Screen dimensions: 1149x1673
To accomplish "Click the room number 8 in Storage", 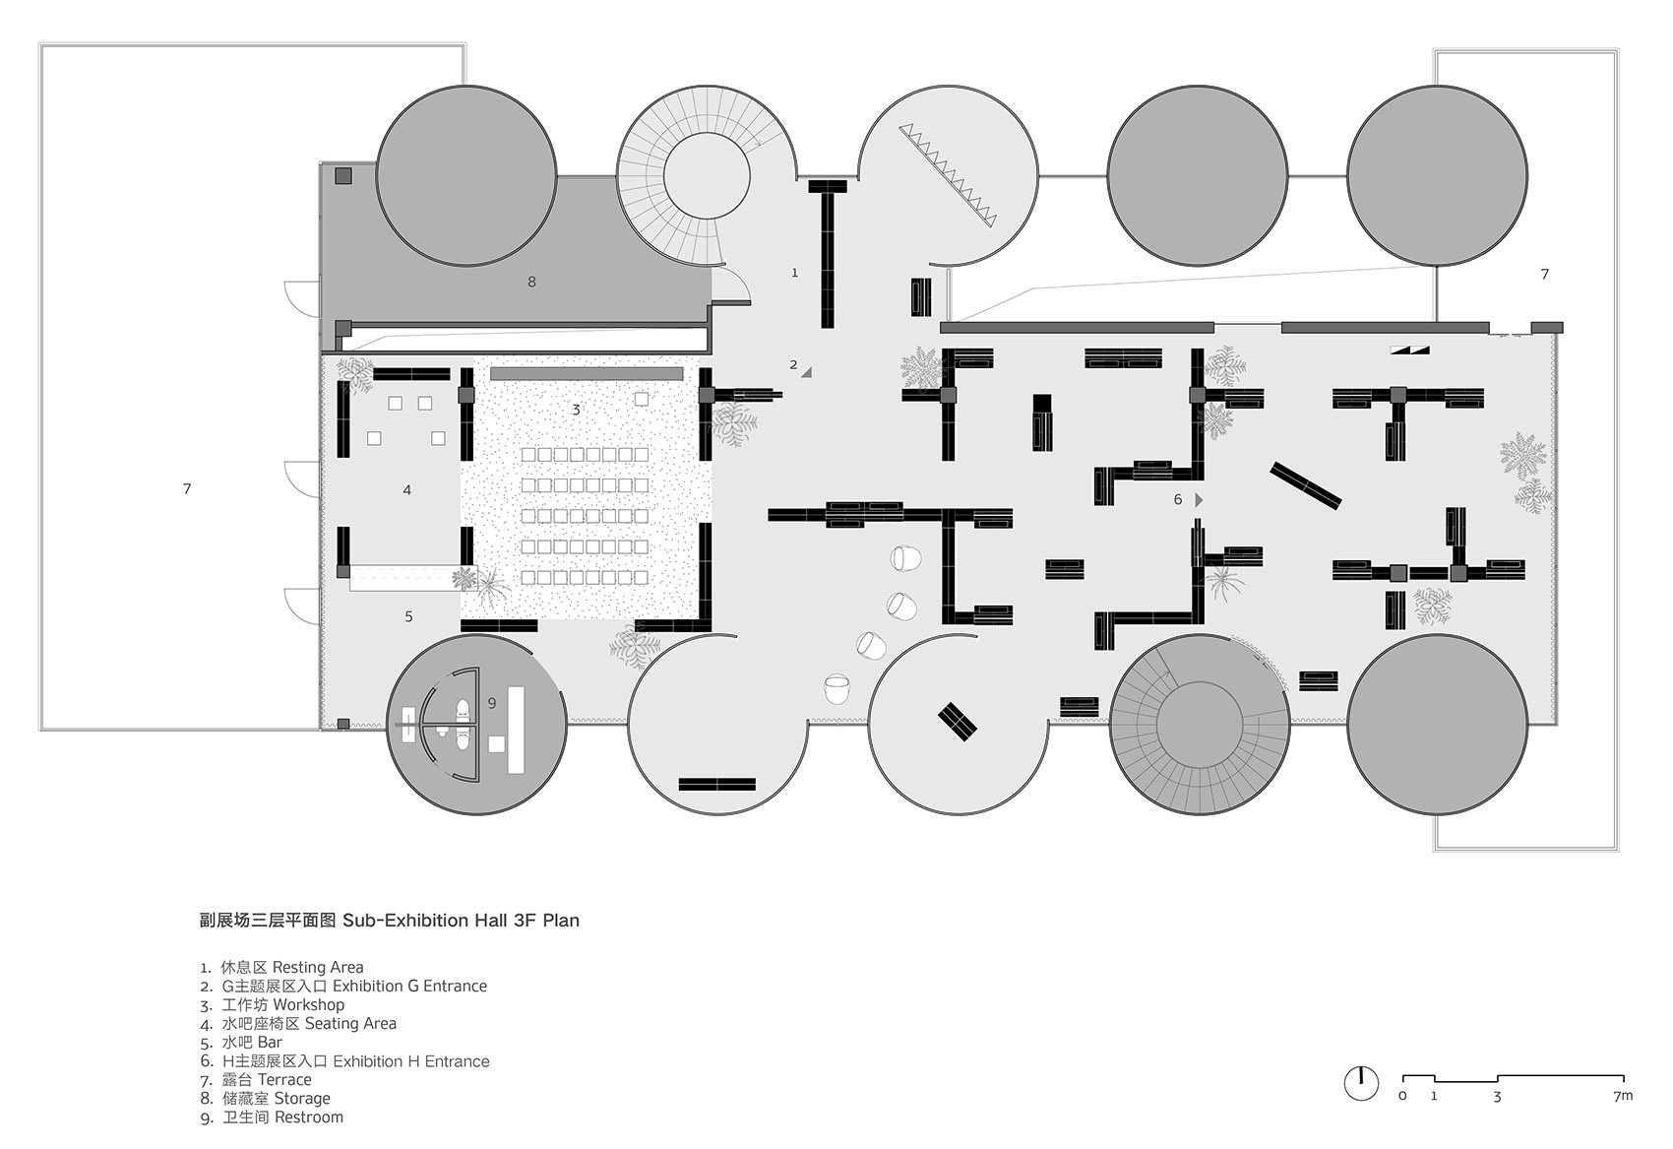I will click(531, 282).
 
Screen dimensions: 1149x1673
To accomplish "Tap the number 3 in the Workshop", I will click(576, 410).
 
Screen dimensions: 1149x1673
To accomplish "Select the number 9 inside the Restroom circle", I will click(492, 703).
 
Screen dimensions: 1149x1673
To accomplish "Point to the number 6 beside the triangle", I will click(1177, 500).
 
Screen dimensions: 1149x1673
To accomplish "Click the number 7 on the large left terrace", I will click(187, 488).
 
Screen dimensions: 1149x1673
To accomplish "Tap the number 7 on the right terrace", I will click(1544, 275).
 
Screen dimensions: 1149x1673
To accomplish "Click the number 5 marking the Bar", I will click(408, 616).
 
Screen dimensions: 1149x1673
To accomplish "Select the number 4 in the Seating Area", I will click(406, 490).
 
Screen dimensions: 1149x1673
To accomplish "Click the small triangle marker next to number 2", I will click(806, 372).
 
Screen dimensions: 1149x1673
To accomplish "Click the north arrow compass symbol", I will click(1361, 1083).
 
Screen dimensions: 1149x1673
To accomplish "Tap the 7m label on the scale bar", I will click(1623, 1096).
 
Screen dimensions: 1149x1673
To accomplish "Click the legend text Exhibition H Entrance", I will click(410, 1061).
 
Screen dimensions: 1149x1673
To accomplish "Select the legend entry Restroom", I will click(309, 1117).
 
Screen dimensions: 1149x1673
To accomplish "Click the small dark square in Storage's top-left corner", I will click(343, 176).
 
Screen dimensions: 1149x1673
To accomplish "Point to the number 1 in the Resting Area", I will click(795, 273).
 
